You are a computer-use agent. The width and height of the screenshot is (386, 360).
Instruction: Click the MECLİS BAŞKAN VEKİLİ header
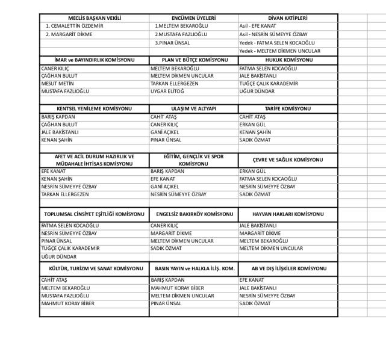click(95, 19)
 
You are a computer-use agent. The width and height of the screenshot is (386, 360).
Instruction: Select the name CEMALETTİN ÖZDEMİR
click(75, 26)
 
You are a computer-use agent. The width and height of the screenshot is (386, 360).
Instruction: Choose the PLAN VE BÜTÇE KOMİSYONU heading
click(194, 60)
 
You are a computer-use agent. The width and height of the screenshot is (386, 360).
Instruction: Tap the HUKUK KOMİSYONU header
click(287, 60)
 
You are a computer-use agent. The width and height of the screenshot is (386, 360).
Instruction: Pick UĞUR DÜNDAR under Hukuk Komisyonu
click(257, 92)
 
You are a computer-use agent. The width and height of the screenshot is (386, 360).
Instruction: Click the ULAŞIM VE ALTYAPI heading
click(194, 108)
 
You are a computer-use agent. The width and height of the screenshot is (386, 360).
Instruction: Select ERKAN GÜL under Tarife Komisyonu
click(252, 124)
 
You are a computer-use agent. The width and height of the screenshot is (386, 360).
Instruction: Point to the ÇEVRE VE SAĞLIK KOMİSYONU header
click(287, 160)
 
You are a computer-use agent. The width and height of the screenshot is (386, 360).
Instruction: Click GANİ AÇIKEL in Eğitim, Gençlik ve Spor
click(164, 187)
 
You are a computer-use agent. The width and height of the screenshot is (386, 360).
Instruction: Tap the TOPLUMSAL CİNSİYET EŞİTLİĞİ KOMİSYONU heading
click(95, 214)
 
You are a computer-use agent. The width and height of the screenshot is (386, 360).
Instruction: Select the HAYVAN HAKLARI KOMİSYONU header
click(287, 214)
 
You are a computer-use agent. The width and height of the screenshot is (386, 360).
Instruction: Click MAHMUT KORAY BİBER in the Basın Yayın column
click(178, 288)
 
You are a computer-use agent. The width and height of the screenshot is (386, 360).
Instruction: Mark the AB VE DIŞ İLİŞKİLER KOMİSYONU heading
click(287, 267)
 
